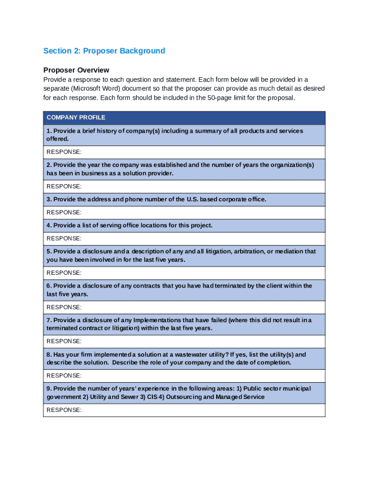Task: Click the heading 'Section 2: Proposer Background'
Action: [104, 51]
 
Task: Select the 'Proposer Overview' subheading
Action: [76, 70]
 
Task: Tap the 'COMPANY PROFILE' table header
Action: [76, 117]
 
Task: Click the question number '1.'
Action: [49, 131]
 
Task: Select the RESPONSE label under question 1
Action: [64, 152]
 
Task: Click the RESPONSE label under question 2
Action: [64, 186]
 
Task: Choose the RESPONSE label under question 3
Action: [64, 212]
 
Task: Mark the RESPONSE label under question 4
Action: [64, 238]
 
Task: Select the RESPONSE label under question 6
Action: [64, 307]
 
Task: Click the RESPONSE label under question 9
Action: [64, 410]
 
